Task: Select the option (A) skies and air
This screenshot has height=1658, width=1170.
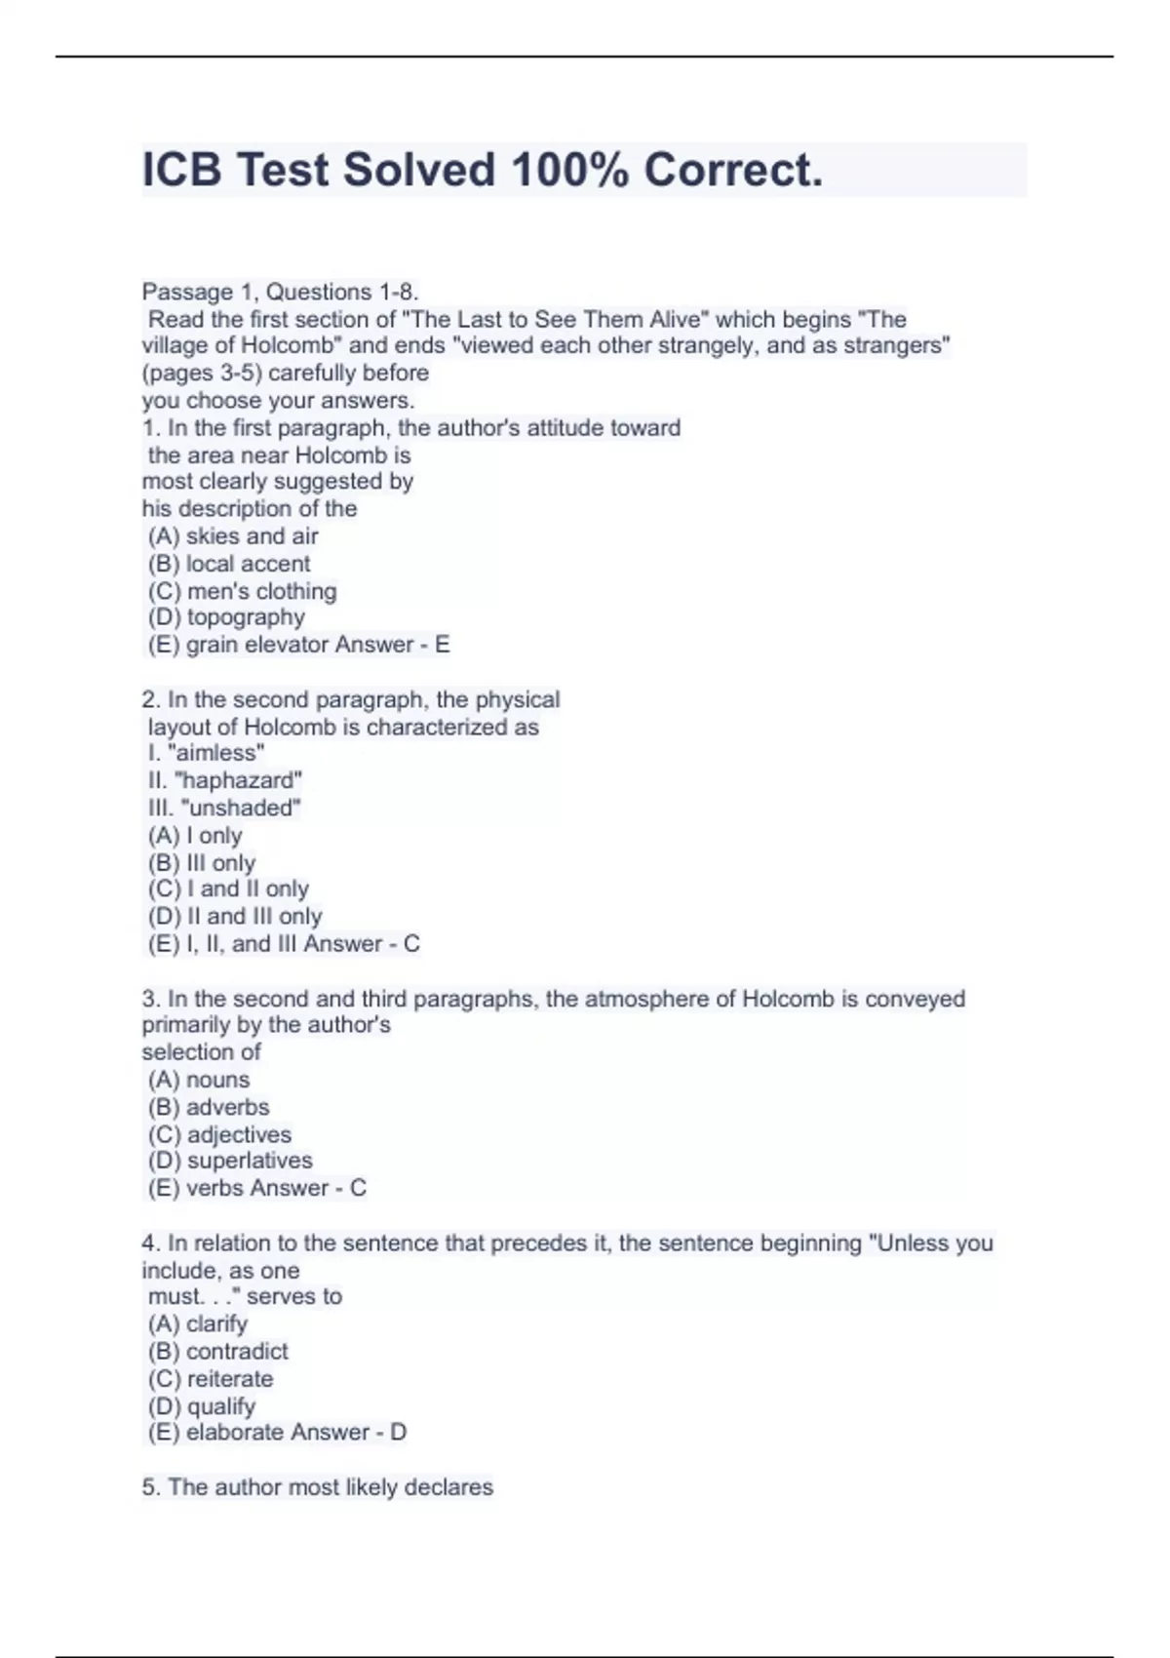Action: click(x=233, y=536)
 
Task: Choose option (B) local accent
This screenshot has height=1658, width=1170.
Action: click(x=229, y=564)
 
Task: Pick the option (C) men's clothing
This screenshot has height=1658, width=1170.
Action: click(x=242, y=591)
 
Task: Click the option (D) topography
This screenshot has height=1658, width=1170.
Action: click(x=226, y=617)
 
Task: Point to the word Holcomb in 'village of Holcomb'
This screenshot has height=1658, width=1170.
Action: click(x=287, y=345)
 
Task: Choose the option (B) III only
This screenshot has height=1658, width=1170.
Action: click(x=202, y=863)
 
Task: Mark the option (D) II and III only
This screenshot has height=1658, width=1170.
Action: click(x=235, y=917)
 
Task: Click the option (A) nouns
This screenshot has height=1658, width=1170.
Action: click(x=199, y=1080)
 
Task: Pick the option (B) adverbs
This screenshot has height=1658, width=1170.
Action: click(x=209, y=1107)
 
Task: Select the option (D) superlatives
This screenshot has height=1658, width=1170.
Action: click(x=230, y=1161)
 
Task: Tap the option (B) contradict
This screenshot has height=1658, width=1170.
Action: click(x=218, y=1352)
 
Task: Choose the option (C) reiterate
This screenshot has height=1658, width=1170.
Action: click(x=211, y=1379)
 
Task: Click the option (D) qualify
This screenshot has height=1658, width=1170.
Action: click(x=202, y=1406)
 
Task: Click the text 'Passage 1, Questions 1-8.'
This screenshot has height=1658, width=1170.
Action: click(x=281, y=292)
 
